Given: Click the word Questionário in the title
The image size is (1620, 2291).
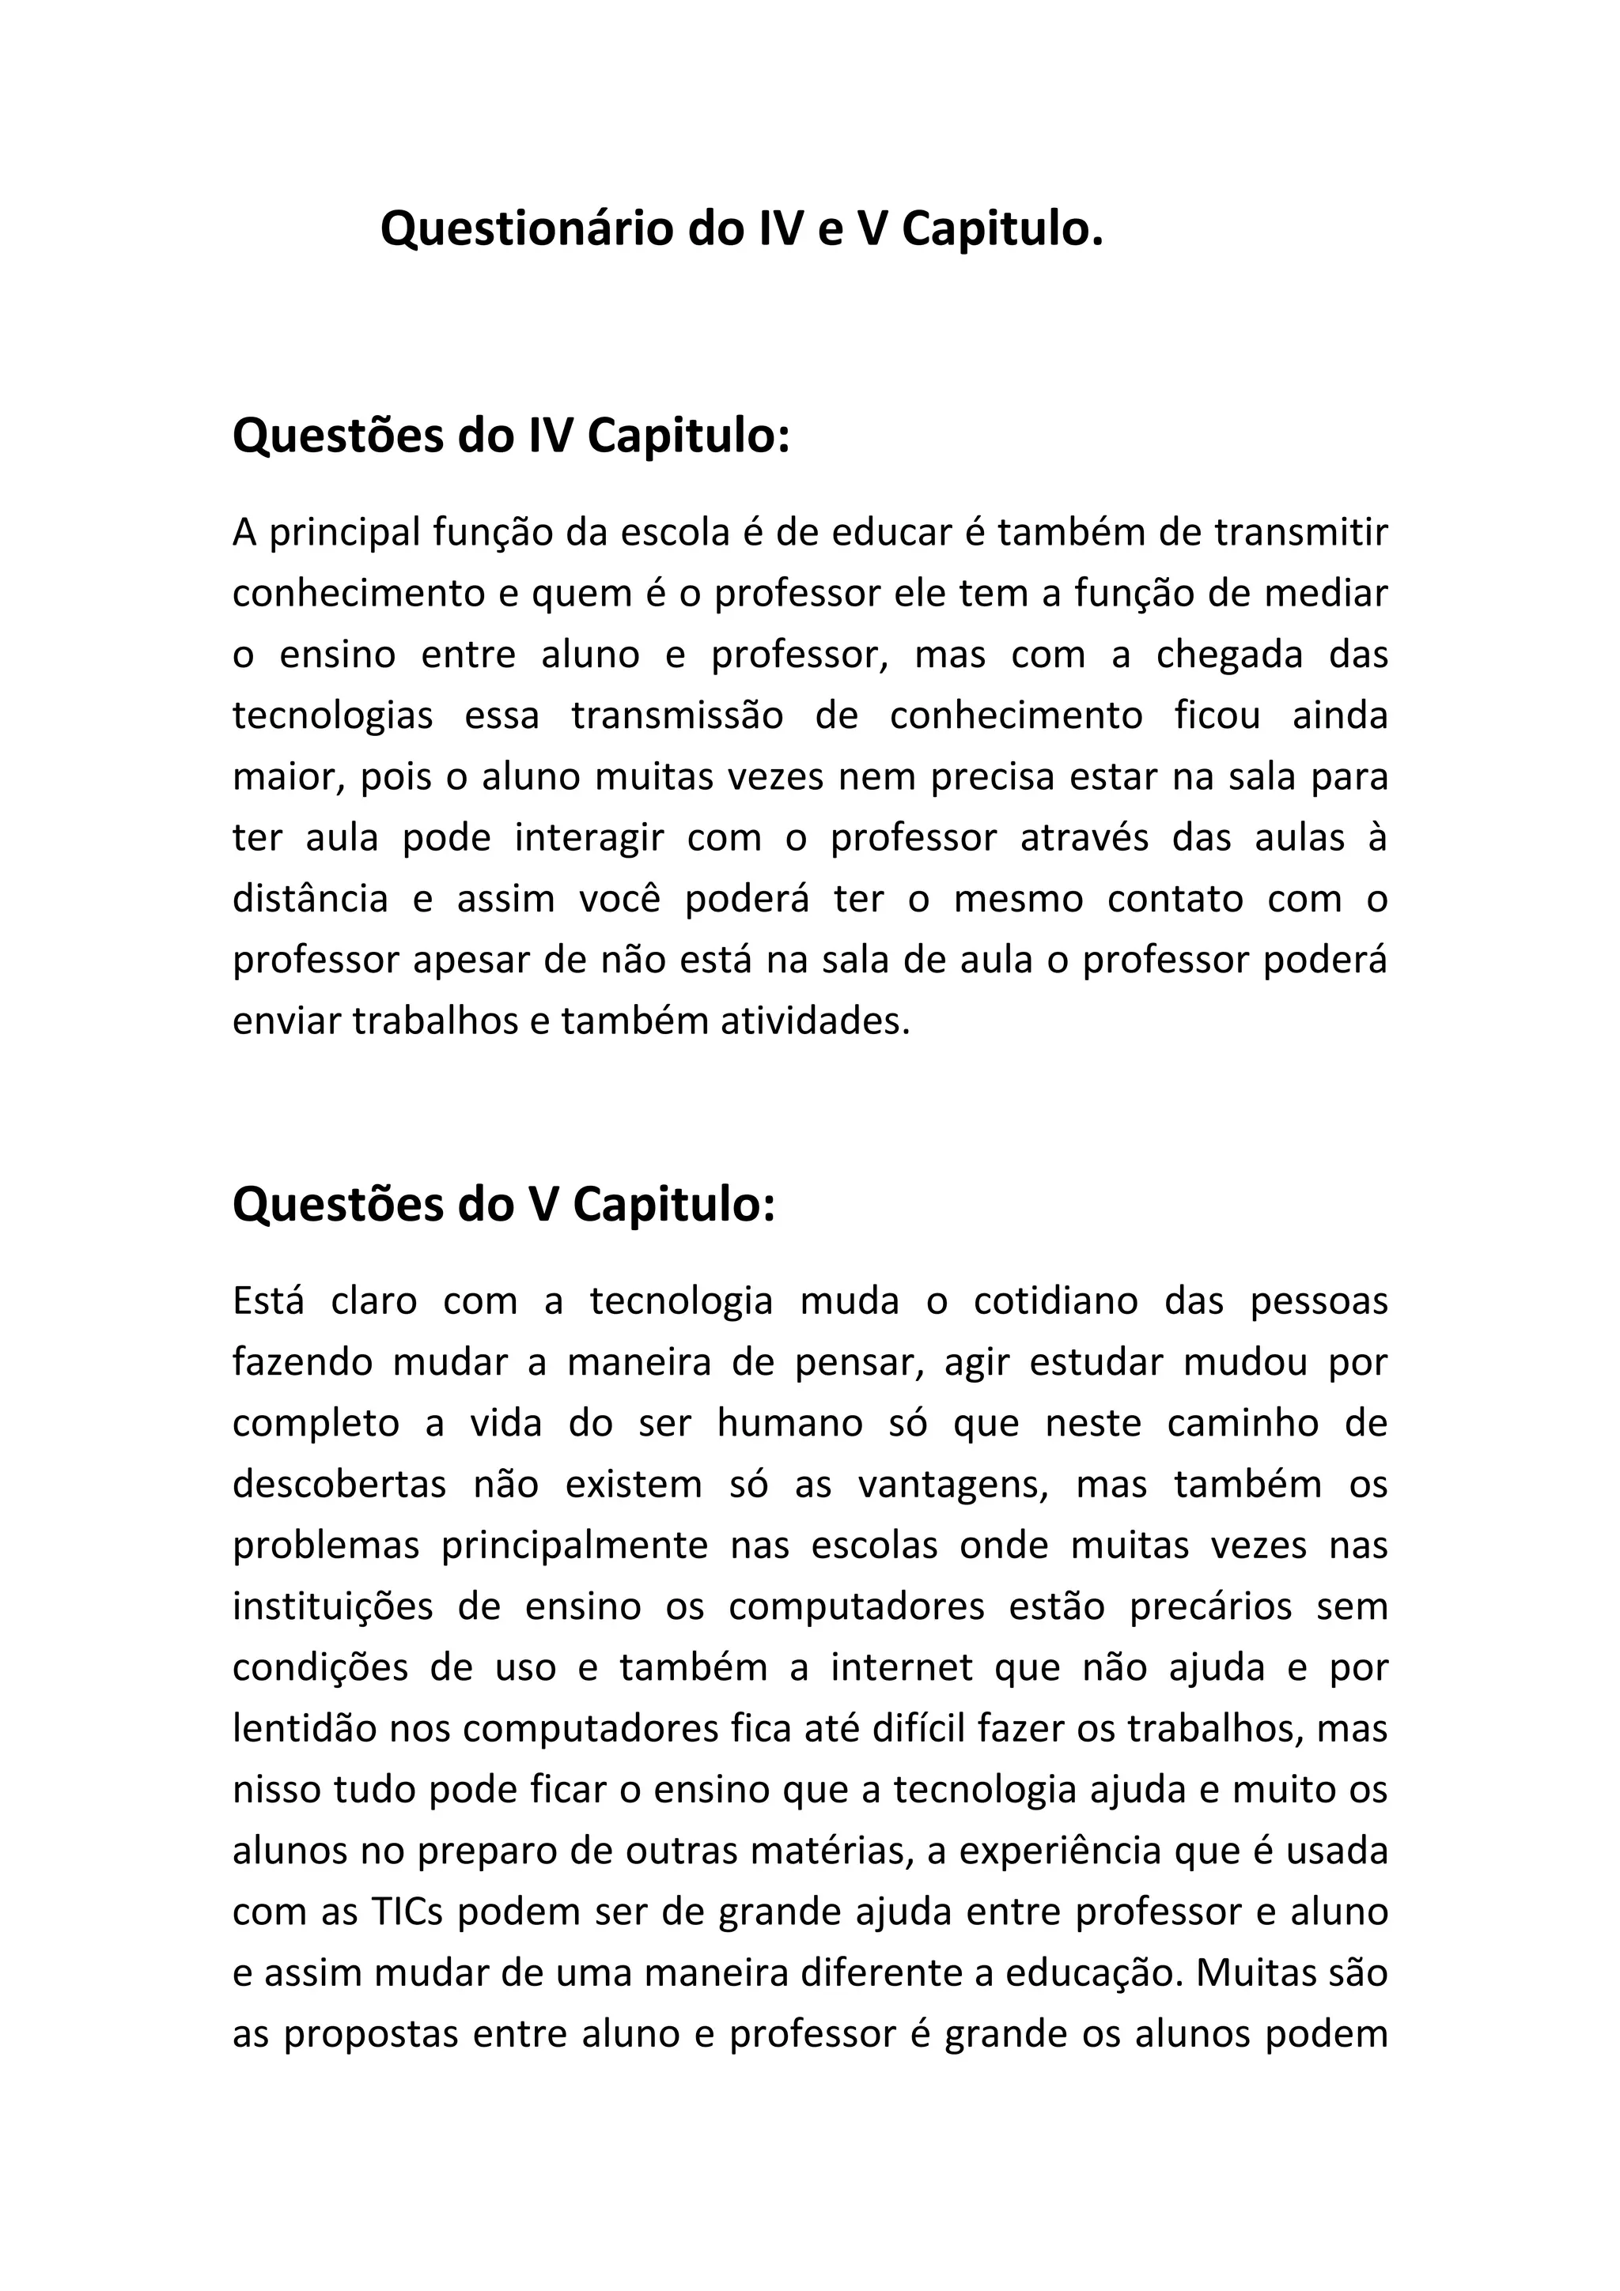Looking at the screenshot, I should pyautogui.click(x=526, y=231).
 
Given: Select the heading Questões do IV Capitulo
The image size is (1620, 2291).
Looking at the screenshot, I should pyautogui.click(x=511, y=436).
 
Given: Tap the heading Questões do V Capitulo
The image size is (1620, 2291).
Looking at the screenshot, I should pyautogui.click(x=503, y=1204).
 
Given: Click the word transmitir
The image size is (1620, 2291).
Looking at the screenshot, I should pyautogui.click(x=1301, y=533).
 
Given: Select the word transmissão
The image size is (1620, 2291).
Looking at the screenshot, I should pyautogui.click(x=678, y=715).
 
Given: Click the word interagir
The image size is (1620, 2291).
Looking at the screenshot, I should pyautogui.click(x=589, y=837).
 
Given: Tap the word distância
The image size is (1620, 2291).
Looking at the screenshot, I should pyautogui.click(x=310, y=899).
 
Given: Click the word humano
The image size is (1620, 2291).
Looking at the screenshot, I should pyautogui.click(x=789, y=1423).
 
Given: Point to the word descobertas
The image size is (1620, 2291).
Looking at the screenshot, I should pyautogui.click(x=339, y=1484).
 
